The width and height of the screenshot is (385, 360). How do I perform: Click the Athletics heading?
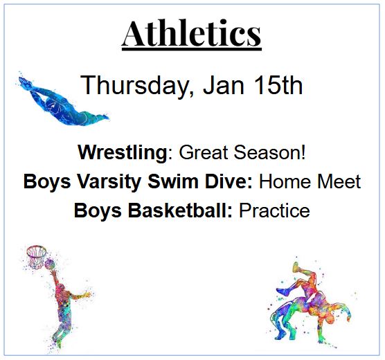click(x=192, y=34)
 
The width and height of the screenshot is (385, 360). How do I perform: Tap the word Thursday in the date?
click(x=136, y=87)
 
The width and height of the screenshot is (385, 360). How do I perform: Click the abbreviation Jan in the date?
click(x=222, y=87)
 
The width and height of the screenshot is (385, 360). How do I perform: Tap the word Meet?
click(x=337, y=182)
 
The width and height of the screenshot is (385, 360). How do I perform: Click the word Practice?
click(x=274, y=210)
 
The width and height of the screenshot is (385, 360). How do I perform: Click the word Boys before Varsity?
click(x=46, y=182)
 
